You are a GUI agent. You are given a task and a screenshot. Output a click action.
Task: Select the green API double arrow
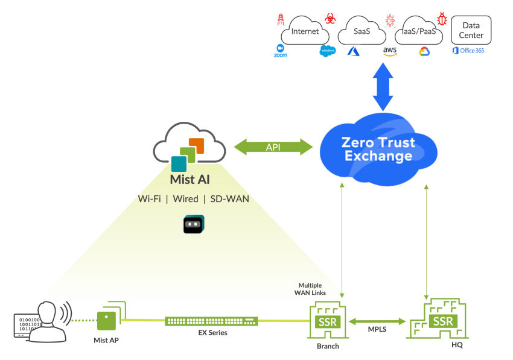pyautogui.click(x=273, y=147)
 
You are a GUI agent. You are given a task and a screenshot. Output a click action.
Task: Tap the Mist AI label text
pyautogui.click(x=190, y=179)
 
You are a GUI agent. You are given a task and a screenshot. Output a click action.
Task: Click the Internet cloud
pyautogui.click(x=305, y=32)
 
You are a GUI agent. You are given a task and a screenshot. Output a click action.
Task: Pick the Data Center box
pyautogui.click(x=471, y=30)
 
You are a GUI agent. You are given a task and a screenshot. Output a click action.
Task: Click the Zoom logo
pyautogui.click(x=280, y=51)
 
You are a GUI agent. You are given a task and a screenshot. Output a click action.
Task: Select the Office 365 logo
pyautogui.click(x=468, y=51)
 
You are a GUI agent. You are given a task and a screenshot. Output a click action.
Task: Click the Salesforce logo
pyautogui.click(x=328, y=51)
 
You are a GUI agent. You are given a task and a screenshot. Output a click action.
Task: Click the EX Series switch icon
pyautogui.click(x=212, y=321)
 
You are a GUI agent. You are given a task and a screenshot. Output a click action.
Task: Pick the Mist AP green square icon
pyautogui.click(x=107, y=320)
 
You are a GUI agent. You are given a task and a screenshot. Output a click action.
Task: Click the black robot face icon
pyautogui.click(x=193, y=224)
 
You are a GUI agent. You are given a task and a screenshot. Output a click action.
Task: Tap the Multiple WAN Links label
pyautogui.click(x=312, y=289)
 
